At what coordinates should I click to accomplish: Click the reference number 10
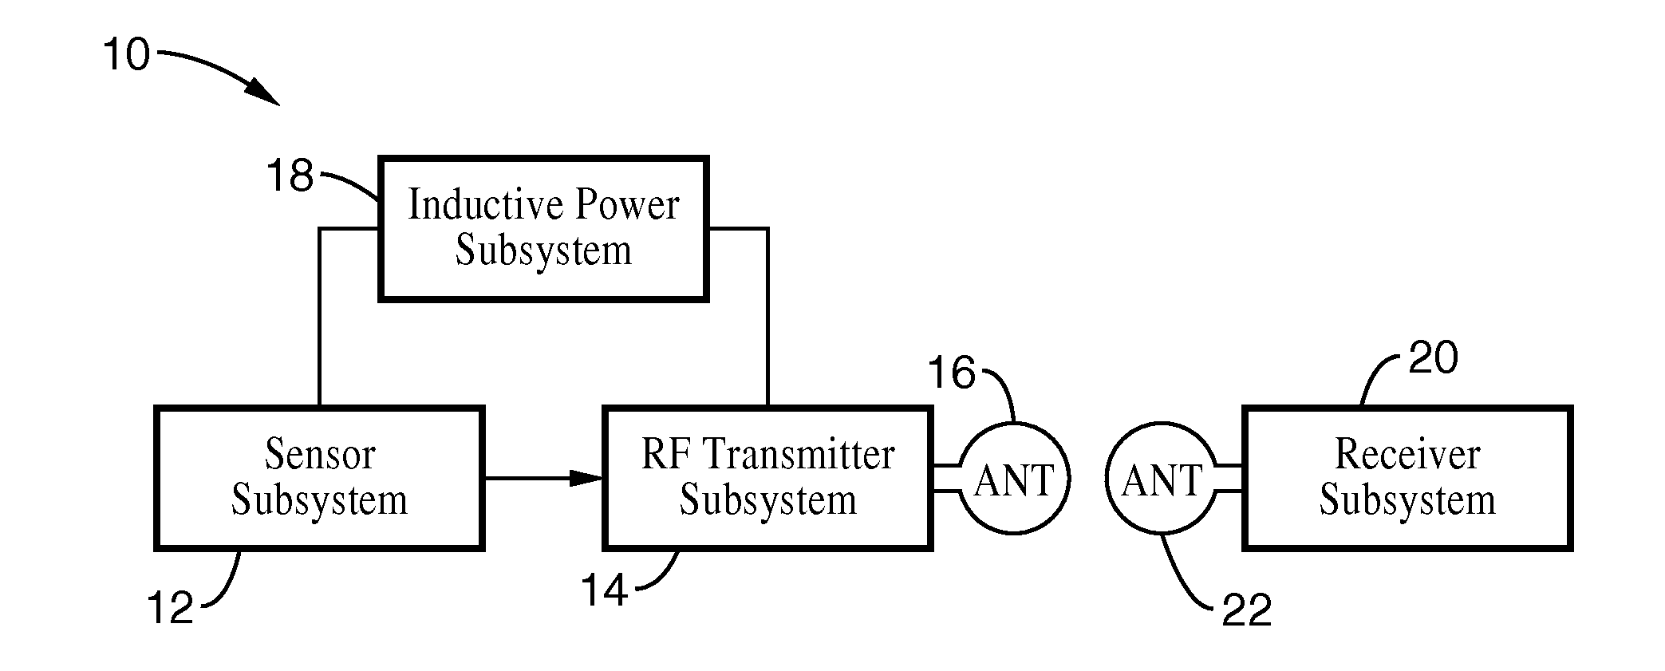coord(127,55)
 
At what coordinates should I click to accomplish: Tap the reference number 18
coord(290,176)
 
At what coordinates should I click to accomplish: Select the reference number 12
coord(171,609)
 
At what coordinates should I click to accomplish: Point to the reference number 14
coord(604,592)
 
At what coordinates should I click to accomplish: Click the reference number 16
coord(952,373)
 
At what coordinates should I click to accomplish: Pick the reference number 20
coord(1433,357)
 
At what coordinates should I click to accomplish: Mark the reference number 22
coord(1247,611)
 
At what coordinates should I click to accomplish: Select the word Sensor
coord(320,455)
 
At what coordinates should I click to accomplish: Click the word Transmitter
coord(800,455)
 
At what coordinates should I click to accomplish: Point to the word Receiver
coord(1407,455)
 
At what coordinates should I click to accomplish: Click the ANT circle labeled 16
coord(1014,480)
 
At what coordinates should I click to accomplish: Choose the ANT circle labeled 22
coord(1162,480)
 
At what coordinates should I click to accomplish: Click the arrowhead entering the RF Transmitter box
coord(588,478)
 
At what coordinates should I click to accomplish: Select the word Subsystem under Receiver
coord(1407,500)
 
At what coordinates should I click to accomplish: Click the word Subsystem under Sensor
coord(320,500)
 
